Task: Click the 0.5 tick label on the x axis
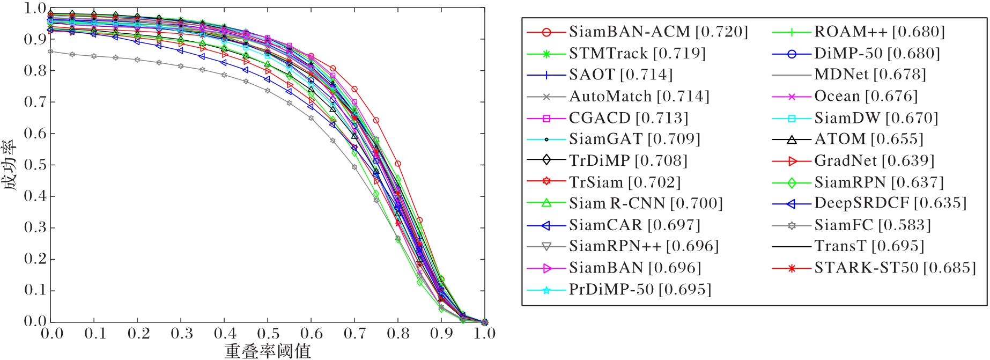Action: click(x=268, y=334)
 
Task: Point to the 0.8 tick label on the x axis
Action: click(x=398, y=334)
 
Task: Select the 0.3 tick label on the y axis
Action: click(x=35, y=227)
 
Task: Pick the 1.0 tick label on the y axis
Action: click(x=35, y=9)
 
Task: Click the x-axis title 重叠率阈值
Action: click(x=268, y=351)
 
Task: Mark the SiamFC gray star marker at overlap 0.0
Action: click(x=50, y=52)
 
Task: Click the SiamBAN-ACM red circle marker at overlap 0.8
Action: click(x=398, y=164)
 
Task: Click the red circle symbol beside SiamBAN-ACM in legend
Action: click(x=546, y=32)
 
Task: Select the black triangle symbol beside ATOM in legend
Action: click(x=792, y=139)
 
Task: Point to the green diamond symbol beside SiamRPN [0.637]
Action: click(x=792, y=182)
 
